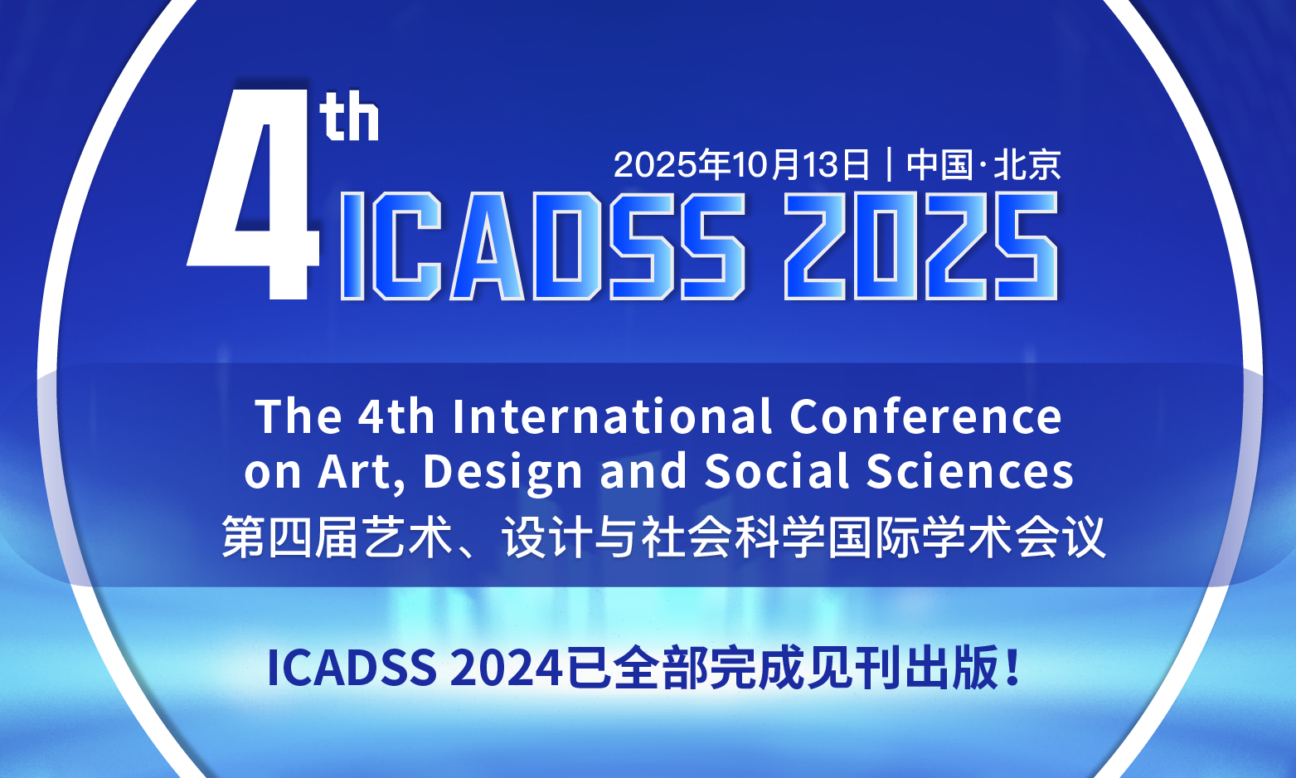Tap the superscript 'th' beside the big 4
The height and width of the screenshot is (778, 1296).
tap(349, 115)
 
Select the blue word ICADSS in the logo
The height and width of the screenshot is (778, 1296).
tap(543, 246)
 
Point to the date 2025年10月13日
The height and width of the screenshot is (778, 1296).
tap(741, 164)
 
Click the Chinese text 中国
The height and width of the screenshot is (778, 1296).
tap(939, 164)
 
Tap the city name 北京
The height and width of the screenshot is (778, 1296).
tap(1027, 164)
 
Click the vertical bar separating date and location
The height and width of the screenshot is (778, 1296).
tap(889, 164)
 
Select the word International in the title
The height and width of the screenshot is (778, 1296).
tap(612, 416)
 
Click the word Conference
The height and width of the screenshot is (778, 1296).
tap(925, 416)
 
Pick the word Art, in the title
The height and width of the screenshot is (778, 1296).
tap(362, 473)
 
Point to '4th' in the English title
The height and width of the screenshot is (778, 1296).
tap(396, 416)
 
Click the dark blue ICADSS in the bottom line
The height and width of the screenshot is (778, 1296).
tap(352, 668)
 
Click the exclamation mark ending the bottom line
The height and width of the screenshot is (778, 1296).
tap(1012, 667)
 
